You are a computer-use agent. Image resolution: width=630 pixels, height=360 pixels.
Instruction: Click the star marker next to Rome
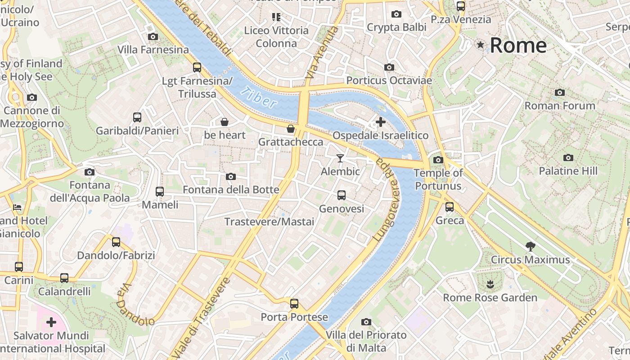point(481,45)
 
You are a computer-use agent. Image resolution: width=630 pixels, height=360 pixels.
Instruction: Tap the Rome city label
point(518,45)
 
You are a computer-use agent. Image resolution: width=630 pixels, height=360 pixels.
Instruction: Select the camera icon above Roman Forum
point(559,92)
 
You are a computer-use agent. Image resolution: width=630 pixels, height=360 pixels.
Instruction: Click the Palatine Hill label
point(568,171)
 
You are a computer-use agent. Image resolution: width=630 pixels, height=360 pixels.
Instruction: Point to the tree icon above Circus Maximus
point(530,246)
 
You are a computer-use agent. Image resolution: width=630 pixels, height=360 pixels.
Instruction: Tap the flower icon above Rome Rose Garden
point(490,284)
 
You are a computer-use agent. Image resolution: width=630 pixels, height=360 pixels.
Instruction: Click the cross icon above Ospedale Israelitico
point(381,121)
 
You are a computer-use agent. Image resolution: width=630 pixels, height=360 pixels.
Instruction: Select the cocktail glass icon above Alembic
point(340,158)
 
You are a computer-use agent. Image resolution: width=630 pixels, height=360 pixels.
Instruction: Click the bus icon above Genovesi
point(342,195)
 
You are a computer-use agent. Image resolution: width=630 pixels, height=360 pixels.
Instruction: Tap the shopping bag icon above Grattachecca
point(291,129)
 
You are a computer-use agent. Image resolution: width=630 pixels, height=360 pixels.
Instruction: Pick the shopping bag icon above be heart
point(225,122)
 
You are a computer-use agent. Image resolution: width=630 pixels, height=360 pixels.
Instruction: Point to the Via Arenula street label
point(321,53)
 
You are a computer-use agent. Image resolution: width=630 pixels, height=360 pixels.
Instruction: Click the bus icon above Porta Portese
point(294,304)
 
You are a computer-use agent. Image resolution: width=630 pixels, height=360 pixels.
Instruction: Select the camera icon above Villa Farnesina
point(153,36)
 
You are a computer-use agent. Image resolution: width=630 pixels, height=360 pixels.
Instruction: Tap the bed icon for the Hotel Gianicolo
point(17,207)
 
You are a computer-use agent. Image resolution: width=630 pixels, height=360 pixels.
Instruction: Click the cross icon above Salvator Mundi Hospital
point(51,322)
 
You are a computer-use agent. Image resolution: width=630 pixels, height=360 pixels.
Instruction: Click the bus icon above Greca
point(449,207)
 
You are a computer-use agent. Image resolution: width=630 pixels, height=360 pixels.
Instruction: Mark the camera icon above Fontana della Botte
point(231,176)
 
